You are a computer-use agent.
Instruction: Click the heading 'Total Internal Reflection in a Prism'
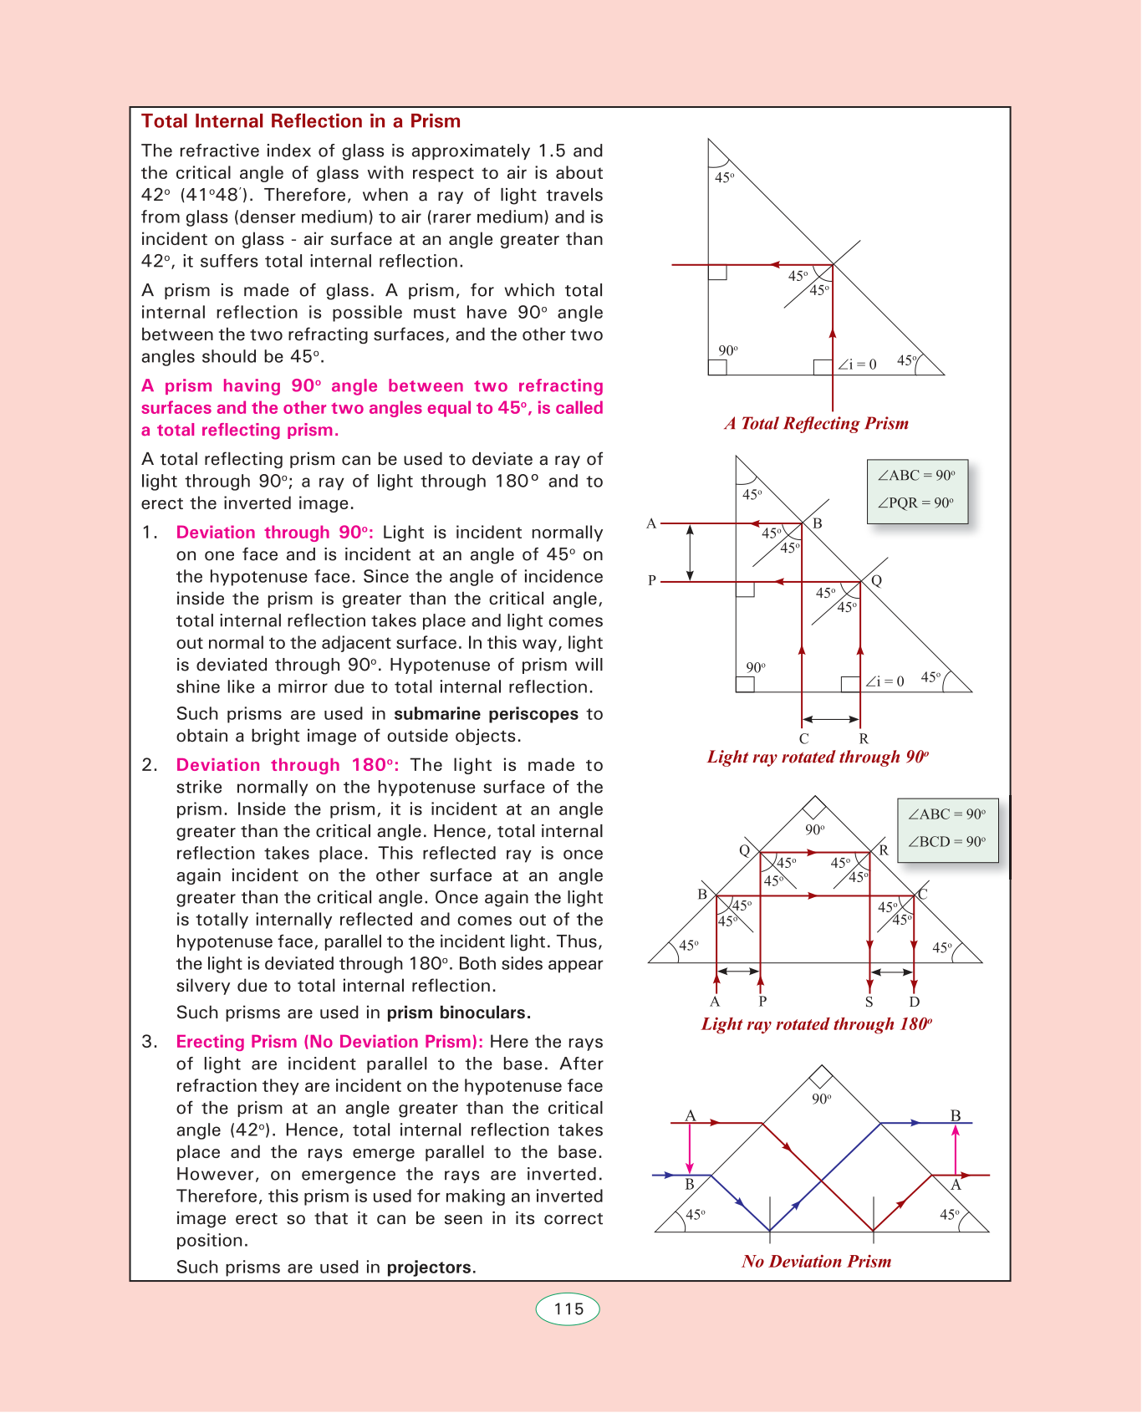coord(301,121)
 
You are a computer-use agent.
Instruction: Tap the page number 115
coord(568,1309)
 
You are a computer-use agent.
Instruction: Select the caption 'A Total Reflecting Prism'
coord(817,424)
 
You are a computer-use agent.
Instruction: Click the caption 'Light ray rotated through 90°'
coord(818,757)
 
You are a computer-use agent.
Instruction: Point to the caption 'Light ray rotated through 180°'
coord(817,1024)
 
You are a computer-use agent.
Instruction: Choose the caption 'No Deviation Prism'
coord(817,1262)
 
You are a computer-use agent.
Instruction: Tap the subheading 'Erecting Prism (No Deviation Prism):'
coord(329,1042)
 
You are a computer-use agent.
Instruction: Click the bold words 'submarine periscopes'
coord(486,714)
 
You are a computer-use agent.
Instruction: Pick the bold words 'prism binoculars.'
coord(458,1013)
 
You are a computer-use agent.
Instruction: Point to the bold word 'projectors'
coord(429,1268)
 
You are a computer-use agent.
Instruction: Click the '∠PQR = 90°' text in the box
coord(916,503)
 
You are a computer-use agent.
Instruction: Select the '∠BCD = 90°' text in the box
coord(947,842)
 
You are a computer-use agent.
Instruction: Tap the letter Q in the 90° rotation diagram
coord(876,580)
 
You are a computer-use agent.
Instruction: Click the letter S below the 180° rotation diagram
coord(869,1002)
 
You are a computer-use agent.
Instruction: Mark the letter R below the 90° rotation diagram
coord(864,739)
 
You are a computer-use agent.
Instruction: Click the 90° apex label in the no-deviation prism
coord(822,1099)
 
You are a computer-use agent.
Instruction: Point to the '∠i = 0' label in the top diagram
coord(858,365)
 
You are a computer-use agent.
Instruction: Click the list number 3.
coord(149,1042)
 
